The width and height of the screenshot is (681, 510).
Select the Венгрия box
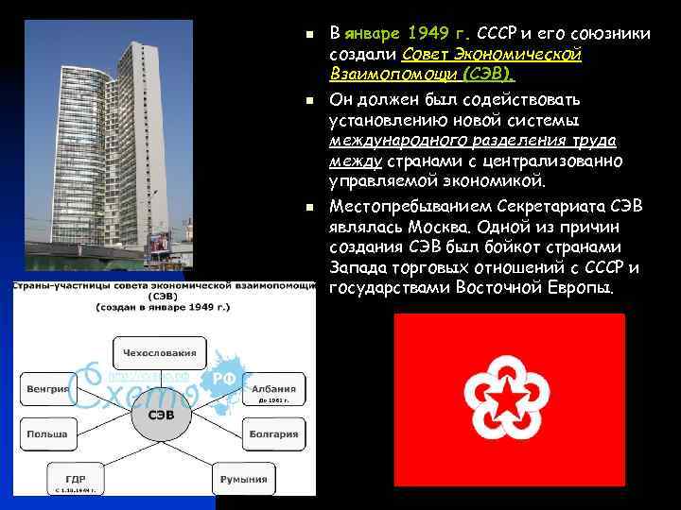click(x=48, y=388)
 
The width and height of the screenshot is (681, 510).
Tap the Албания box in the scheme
click(x=273, y=388)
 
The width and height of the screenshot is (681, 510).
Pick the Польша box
click(x=48, y=434)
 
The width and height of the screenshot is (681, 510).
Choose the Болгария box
click(x=273, y=434)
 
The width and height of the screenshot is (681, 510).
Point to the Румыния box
click(x=243, y=479)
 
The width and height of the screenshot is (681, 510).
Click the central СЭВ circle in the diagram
click(x=162, y=416)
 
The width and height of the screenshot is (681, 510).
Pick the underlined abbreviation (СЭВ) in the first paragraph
click(x=483, y=73)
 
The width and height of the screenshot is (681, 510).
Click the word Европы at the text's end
click(x=581, y=287)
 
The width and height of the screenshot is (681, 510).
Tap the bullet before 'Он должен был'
click(x=308, y=100)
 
